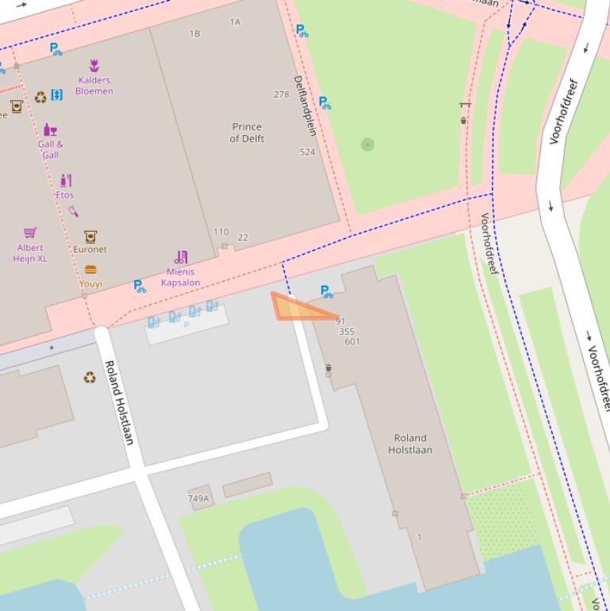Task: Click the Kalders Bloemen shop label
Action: coord(94,86)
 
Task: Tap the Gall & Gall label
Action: coord(50,149)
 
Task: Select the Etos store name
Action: coord(65,194)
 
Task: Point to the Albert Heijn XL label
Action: coord(30,253)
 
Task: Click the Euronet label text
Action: coord(90,249)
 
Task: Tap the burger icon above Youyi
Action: coord(90,270)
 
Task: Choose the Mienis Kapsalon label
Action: coord(180,277)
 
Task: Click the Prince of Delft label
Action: coord(247,133)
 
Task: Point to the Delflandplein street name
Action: coord(304,105)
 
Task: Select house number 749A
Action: coord(198,498)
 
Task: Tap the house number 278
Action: coord(282,94)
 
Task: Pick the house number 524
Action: coord(307,152)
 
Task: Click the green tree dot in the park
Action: coord(367,144)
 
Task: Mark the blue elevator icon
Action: coord(56,95)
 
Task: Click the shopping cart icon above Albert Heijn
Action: coord(30,232)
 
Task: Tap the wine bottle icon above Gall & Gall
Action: coord(50,129)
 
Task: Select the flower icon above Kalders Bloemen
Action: coord(94,66)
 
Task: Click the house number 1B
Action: coord(195,34)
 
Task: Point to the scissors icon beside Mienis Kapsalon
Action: coord(182,257)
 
